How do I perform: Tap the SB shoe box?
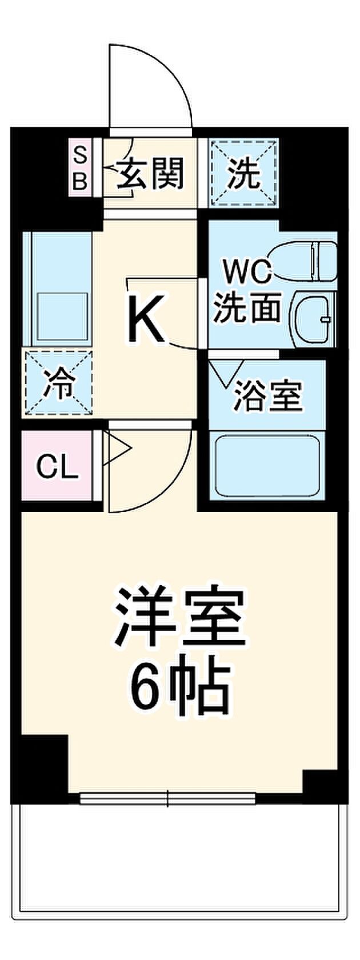pyautogui.click(x=81, y=167)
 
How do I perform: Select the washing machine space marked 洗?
pyautogui.click(x=243, y=173)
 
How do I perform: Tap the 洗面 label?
pyautogui.click(x=248, y=307)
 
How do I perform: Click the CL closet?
pyautogui.click(x=57, y=465)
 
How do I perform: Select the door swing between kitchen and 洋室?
pyautogui.click(x=150, y=467)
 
